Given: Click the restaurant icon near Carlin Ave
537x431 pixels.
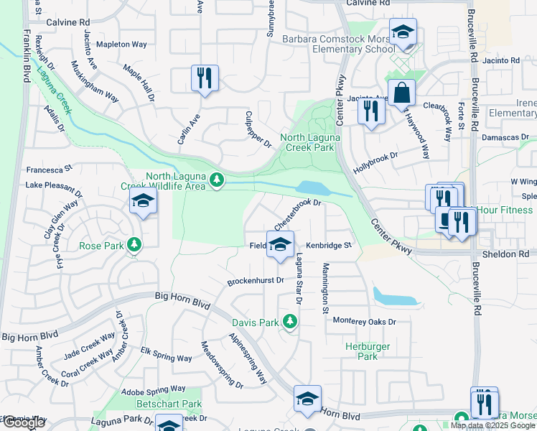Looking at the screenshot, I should (205, 78).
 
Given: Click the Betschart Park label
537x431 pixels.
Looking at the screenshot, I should (169, 404).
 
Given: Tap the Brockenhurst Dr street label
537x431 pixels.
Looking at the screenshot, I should (256, 281).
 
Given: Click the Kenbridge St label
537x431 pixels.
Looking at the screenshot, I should (327, 246).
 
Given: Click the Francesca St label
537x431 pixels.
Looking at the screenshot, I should (50, 170).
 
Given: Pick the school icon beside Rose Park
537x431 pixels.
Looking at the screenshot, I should (143, 203).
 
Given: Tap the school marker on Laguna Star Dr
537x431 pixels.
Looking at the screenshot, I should (280, 244).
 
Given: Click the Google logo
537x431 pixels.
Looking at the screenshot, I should (24, 423).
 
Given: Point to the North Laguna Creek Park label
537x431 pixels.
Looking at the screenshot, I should (307, 142).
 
